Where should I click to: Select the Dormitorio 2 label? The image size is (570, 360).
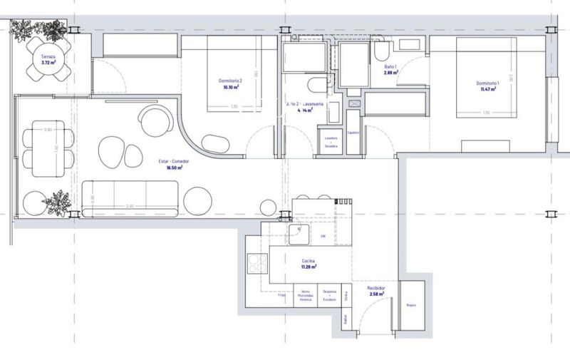(230, 81)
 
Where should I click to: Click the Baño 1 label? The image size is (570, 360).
(390, 66)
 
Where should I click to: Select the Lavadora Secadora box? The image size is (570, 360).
(331, 141)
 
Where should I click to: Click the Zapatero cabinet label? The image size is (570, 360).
(353, 133)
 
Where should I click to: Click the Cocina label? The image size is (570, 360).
(308, 262)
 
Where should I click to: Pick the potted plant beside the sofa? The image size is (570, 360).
(57, 203)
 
